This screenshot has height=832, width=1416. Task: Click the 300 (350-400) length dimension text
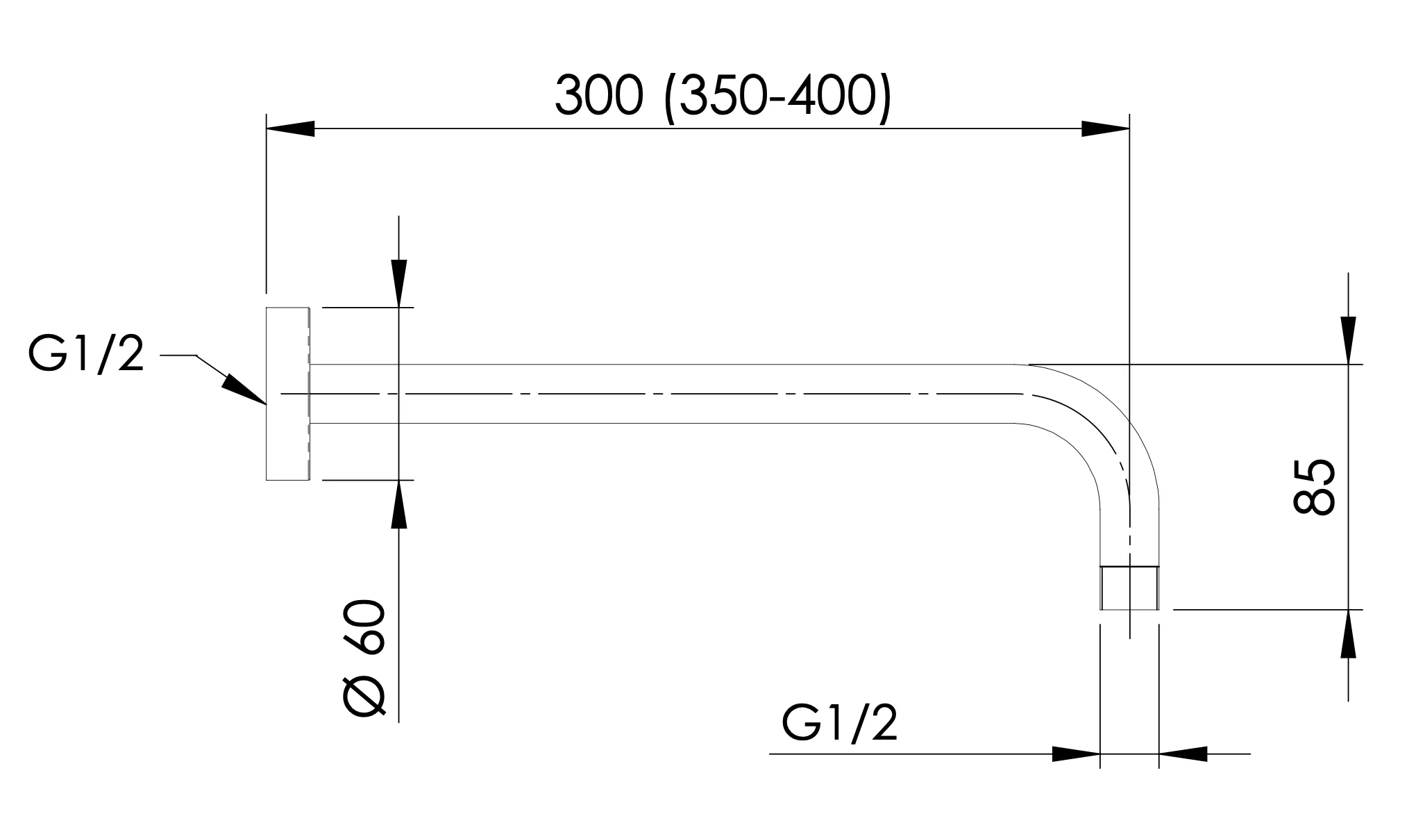coord(722,99)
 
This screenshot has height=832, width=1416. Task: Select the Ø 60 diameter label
coord(364,658)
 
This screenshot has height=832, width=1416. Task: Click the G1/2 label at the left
coord(86,356)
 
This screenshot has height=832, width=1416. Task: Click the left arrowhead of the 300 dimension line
coord(290,128)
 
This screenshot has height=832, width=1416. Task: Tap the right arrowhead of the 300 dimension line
coord(1106,128)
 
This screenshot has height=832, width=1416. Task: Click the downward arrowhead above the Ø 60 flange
coord(399,283)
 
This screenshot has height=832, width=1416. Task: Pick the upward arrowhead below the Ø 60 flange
coord(399,504)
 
